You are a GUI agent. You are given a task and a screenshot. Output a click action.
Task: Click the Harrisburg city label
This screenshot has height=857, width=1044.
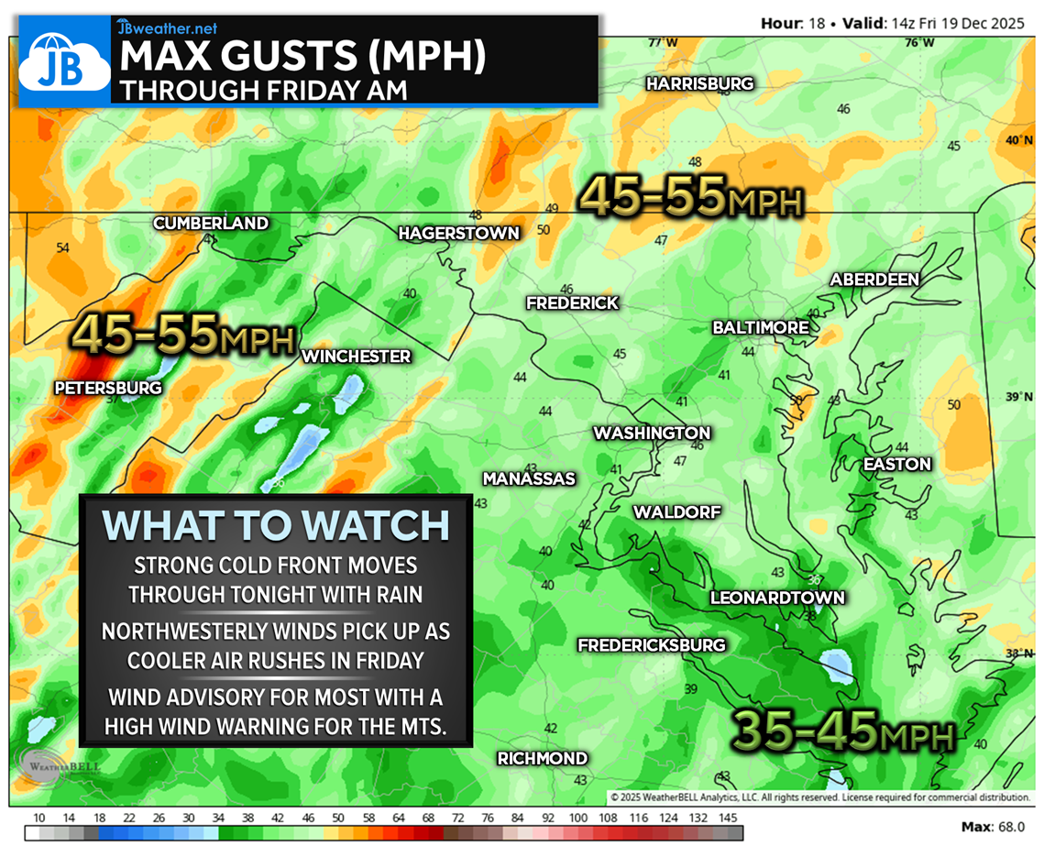click(x=699, y=83)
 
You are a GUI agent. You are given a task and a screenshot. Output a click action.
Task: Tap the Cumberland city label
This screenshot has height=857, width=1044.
click(x=211, y=224)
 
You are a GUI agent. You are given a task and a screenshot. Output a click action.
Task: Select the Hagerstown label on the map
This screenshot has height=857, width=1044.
click(x=458, y=234)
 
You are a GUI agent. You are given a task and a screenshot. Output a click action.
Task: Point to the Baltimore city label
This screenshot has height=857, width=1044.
click(x=761, y=327)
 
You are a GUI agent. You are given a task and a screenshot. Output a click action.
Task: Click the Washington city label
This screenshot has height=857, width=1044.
click(x=652, y=433)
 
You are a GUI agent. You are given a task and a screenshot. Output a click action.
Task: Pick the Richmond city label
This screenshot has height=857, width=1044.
click(x=542, y=758)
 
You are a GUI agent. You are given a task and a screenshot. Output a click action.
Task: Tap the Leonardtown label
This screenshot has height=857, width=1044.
click(x=777, y=598)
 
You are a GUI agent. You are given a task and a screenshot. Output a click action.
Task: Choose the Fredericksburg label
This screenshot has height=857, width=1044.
click(x=651, y=645)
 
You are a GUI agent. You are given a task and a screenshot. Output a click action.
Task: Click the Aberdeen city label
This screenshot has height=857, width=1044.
click(x=874, y=280)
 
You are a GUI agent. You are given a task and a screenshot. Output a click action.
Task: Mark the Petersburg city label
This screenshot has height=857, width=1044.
click(x=108, y=388)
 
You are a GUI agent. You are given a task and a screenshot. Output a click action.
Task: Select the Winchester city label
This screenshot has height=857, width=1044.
click(x=357, y=356)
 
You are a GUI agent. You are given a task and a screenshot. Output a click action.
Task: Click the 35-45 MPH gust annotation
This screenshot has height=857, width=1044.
click(x=843, y=731)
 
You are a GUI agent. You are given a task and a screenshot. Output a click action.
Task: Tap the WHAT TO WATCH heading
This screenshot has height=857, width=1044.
click(x=276, y=525)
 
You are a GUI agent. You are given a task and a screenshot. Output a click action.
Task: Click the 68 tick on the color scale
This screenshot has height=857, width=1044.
click(x=428, y=817)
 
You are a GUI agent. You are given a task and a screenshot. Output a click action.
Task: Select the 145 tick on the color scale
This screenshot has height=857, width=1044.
click(x=729, y=817)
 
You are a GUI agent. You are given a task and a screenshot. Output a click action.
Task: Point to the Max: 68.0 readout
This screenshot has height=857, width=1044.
click(x=994, y=828)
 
